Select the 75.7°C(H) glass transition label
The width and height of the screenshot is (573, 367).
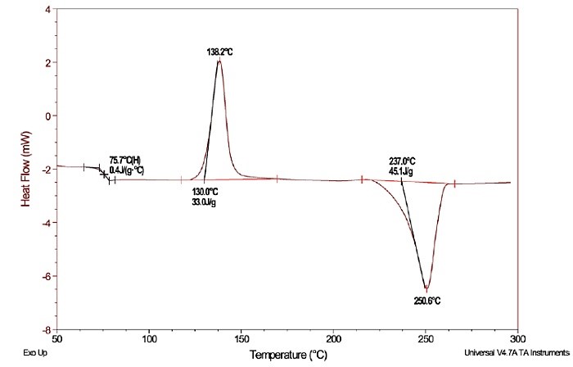coord(128,161)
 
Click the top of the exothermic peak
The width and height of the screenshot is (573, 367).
coord(219,62)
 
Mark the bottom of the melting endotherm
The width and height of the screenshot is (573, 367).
coord(426,288)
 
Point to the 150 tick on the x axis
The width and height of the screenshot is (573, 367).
coord(241,338)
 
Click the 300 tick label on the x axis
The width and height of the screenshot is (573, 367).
coord(517,338)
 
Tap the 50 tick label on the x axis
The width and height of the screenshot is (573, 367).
coord(57,338)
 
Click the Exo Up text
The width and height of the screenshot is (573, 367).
coord(15,352)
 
